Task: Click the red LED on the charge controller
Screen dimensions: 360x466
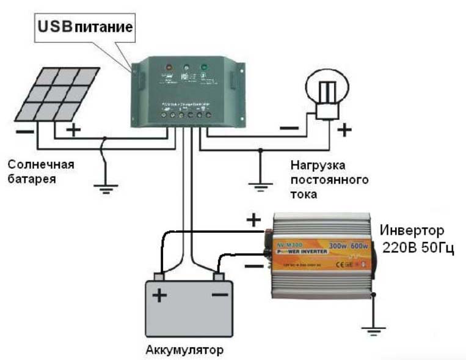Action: [168, 67]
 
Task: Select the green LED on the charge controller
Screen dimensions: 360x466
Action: [203, 67]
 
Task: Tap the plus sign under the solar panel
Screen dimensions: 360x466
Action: [73, 130]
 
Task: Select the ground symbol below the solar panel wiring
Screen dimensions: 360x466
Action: [106, 187]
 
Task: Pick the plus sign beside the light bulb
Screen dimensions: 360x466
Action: [345, 129]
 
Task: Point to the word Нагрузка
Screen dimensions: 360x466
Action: [318, 166]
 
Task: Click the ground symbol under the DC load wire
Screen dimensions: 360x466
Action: [260, 184]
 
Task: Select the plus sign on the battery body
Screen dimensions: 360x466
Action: [159, 296]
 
